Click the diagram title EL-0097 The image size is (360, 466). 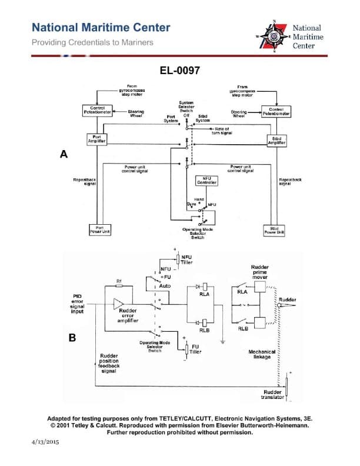(180, 71)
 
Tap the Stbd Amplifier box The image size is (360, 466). (276, 141)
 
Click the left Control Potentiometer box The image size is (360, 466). (97, 110)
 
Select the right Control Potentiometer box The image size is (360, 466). (276, 110)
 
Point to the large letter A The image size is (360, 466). (64, 154)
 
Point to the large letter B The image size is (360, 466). (72, 338)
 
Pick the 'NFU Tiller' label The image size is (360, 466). (187, 259)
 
